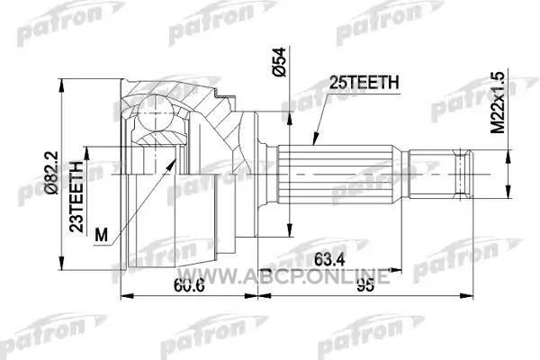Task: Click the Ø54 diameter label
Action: point(279,62)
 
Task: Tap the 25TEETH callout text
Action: point(364,83)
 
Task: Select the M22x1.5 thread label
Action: point(498,103)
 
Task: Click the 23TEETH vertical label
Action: point(76,197)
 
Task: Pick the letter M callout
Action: point(101,235)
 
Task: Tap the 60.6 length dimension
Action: point(189,285)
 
